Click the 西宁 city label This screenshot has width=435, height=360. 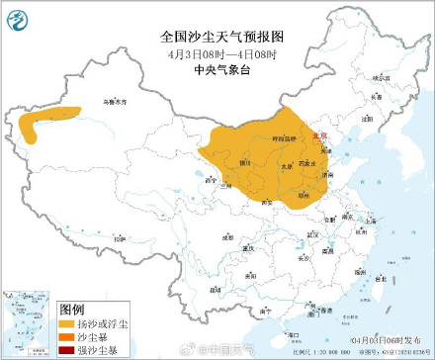[208, 181]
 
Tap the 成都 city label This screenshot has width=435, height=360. [227, 237]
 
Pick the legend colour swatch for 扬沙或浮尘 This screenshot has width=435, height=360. [67, 322]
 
